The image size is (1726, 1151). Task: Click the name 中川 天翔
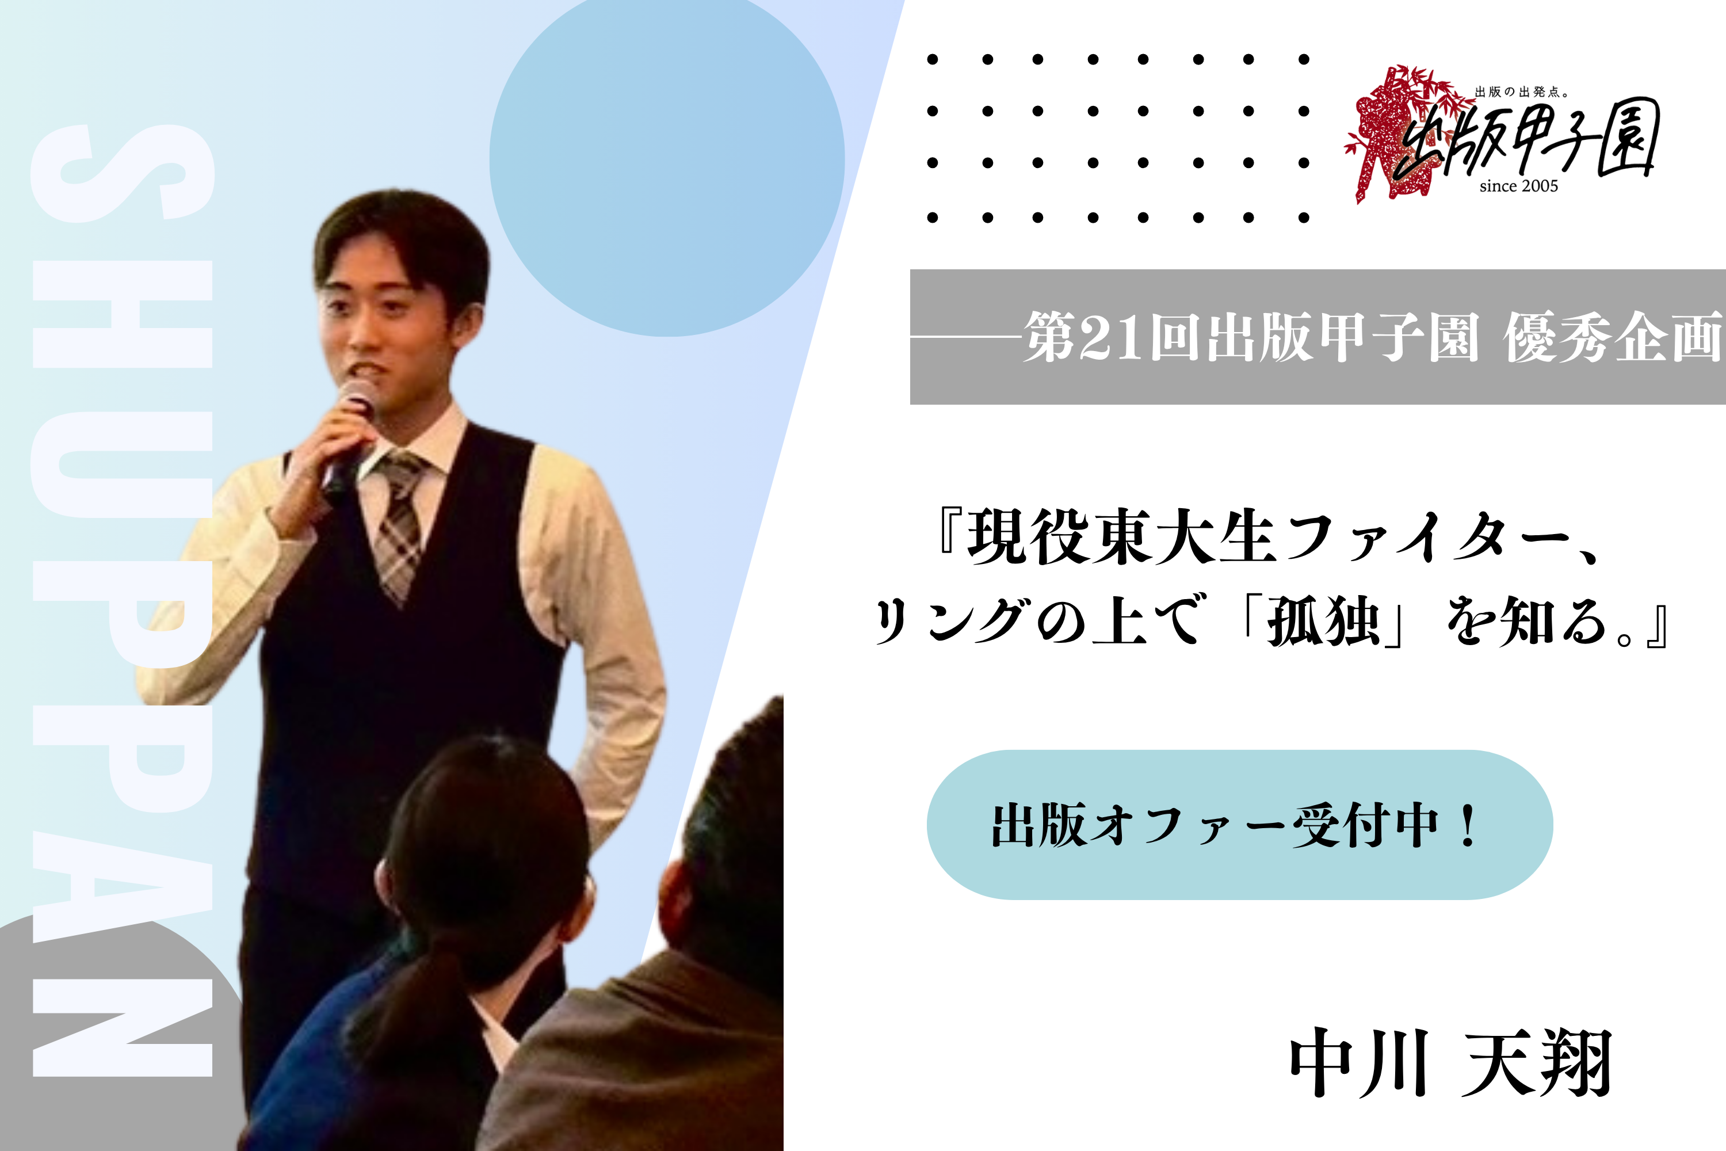click(x=1450, y=1062)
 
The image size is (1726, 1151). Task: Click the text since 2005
click(x=1518, y=186)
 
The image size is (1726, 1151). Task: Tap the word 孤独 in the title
click(x=1324, y=621)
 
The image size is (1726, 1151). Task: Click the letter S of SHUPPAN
click(x=122, y=173)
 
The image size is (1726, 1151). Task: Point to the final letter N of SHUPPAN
click(x=122, y=1028)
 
